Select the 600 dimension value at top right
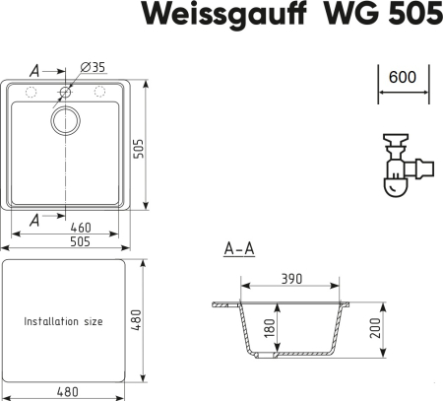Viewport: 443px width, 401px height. (x=402, y=76)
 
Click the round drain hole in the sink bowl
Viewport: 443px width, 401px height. (x=66, y=121)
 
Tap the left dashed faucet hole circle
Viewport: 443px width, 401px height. (x=31, y=93)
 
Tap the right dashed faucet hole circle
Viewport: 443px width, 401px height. (x=100, y=93)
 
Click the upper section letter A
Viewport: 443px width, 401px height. (x=34, y=70)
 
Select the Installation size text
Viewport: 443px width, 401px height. (x=63, y=322)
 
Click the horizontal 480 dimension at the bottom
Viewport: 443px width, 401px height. (x=66, y=391)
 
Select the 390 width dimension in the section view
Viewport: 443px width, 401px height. (x=290, y=279)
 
